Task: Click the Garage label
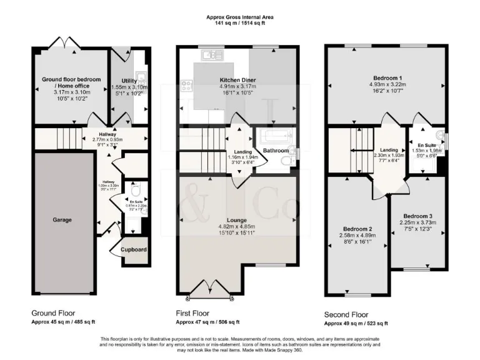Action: point(62,220)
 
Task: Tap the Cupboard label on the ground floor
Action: point(134,250)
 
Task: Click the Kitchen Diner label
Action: point(237,80)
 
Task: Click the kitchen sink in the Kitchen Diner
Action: point(211,55)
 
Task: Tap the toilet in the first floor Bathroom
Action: point(287,161)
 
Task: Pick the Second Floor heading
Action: point(346,314)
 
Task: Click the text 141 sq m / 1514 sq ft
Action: point(240,22)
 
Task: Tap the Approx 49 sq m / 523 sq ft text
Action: point(356,323)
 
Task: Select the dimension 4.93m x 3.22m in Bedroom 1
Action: point(387,83)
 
